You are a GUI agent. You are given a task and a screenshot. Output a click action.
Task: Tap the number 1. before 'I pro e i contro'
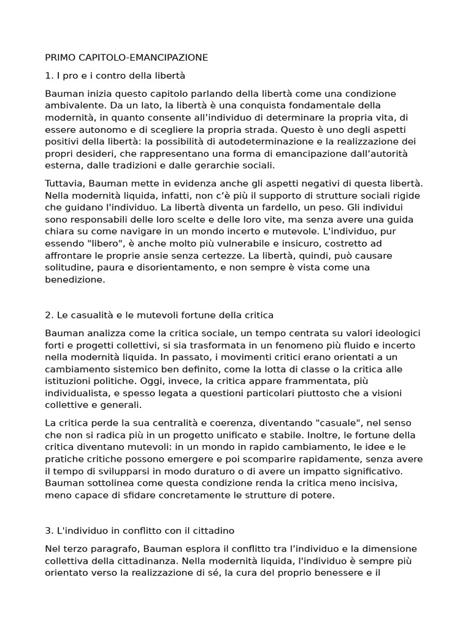(49, 75)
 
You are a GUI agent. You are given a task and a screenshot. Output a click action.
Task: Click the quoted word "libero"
(99, 244)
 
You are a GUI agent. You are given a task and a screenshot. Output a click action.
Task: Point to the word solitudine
(67, 268)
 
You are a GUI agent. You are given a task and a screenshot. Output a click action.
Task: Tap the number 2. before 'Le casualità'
(49, 315)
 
